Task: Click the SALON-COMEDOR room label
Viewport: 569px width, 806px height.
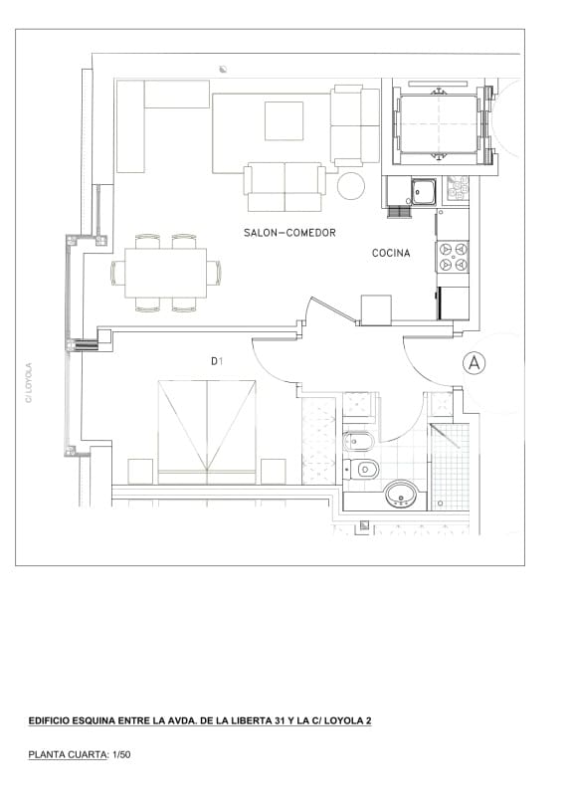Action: coord(289,233)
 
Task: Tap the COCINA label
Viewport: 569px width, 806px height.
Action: coord(391,254)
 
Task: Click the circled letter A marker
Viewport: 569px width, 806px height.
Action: coord(474,364)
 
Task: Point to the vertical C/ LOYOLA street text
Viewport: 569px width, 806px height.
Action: coord(29,382)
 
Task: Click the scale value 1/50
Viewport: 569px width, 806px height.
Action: coord(120,755)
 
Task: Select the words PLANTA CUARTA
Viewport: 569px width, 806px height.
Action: coord(67,755)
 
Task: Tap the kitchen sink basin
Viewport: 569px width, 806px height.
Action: coord(426,189)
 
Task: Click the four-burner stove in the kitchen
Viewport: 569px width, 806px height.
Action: coord(454,257)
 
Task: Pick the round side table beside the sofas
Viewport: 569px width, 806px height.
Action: coord(352,186)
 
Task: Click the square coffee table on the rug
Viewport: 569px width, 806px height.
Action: coord(284,121)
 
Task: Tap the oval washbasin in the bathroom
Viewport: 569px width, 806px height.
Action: coord(401,493)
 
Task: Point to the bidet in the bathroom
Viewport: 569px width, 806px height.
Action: coord(359,441)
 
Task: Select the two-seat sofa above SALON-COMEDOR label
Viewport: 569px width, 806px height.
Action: coord(284,187)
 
